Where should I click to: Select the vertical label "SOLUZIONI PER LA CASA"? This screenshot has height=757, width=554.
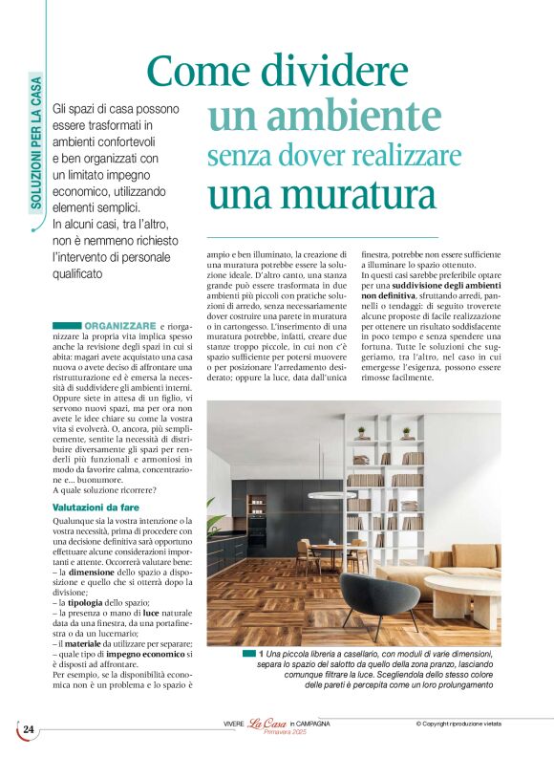tap(35, 154)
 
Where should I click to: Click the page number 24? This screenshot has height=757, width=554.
tap(29, 730)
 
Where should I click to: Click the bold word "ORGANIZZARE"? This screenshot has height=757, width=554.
tap(119, 327)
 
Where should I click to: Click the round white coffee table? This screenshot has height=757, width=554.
tap(461, 588)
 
